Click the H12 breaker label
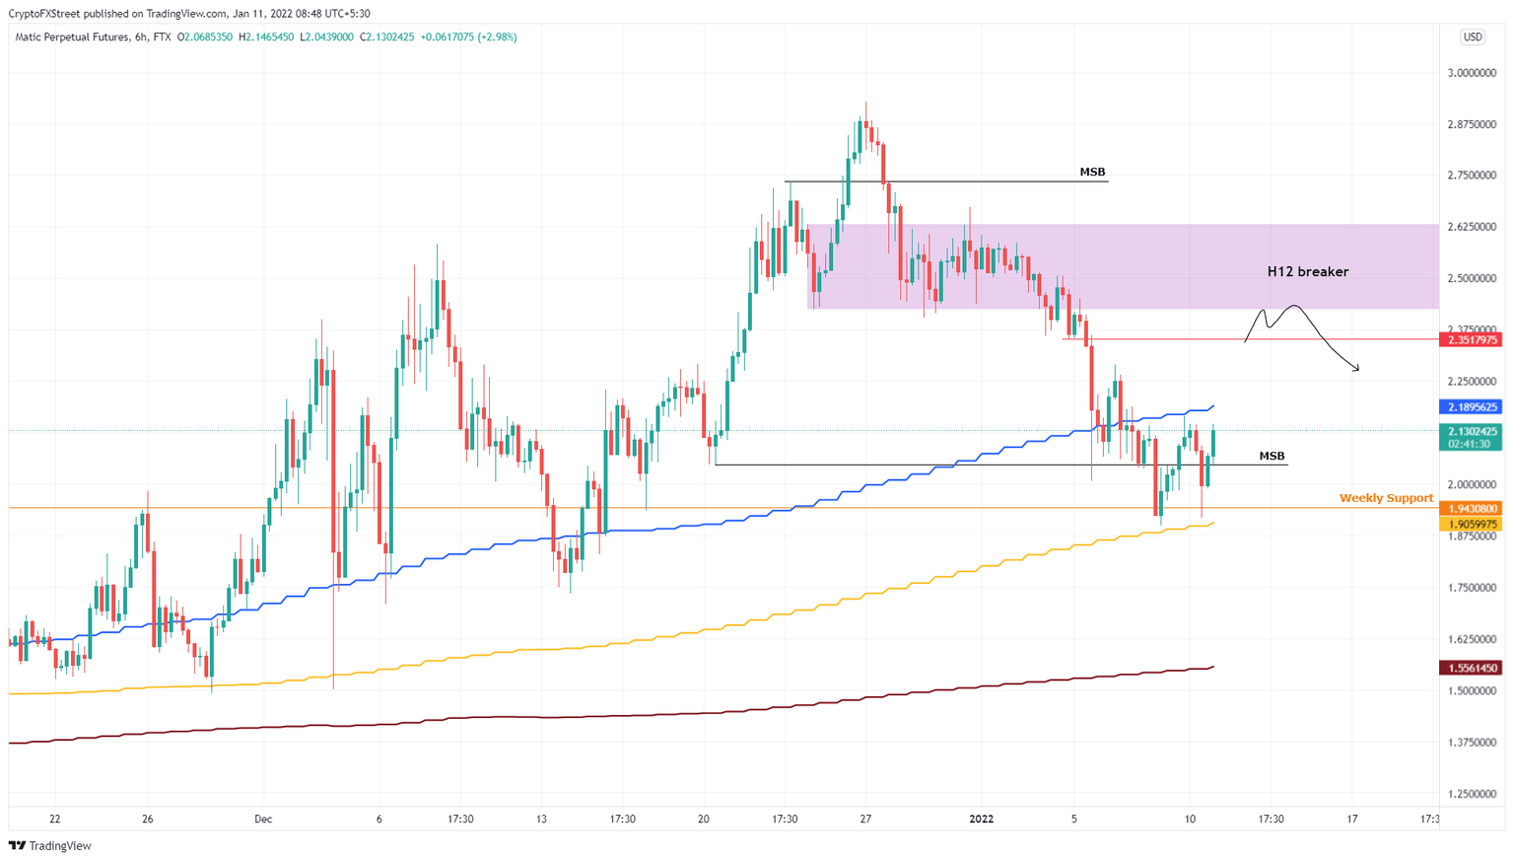[1307, 271]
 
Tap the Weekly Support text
[1386, 498]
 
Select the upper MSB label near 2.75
[1092, 172]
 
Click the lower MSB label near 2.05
[1272, 456]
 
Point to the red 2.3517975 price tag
[1471, 340]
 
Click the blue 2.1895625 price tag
[1471, 406]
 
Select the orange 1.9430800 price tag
[1471, 509]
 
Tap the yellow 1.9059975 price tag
[1471, 524]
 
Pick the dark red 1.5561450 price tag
[1471, 668]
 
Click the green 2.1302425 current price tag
[1471, 431]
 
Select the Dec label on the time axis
[263, 819]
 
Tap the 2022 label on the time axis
[982, 819]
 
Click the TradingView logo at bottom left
[50, 845]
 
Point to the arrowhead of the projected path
[1358, 370]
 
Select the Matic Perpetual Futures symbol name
[72, 37]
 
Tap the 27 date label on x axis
[865, 819]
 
